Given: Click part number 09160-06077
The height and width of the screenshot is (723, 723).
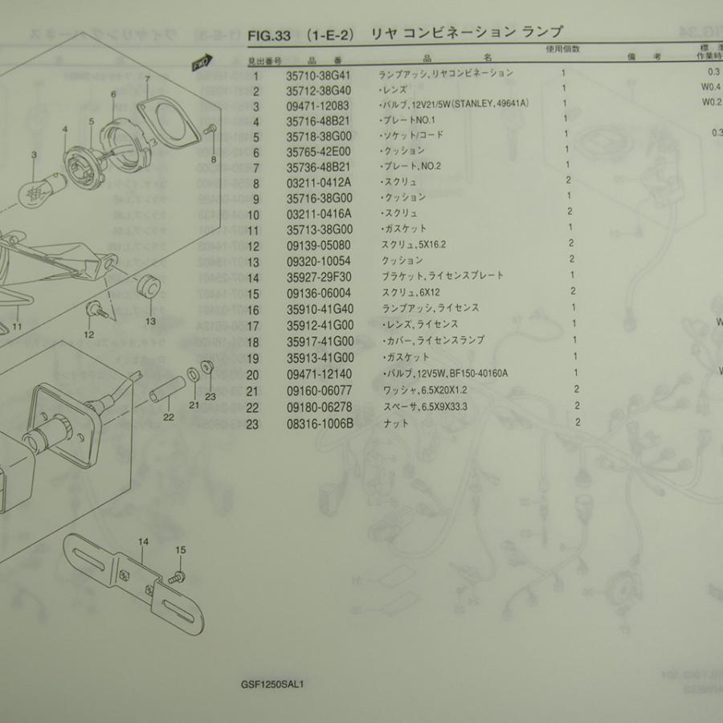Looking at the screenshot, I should click(x=321, y=391).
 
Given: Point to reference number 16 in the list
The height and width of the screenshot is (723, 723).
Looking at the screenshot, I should click(x=255, y=308).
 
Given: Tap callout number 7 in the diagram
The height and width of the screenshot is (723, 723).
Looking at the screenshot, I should click(x=148, y=79).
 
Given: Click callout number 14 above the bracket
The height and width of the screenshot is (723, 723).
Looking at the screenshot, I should click(x=143, y=542).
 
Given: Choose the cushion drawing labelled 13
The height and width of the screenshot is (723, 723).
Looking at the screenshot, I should click(x=146, y=287).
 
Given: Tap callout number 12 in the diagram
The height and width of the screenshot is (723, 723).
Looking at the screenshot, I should click(x=89, y=334).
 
